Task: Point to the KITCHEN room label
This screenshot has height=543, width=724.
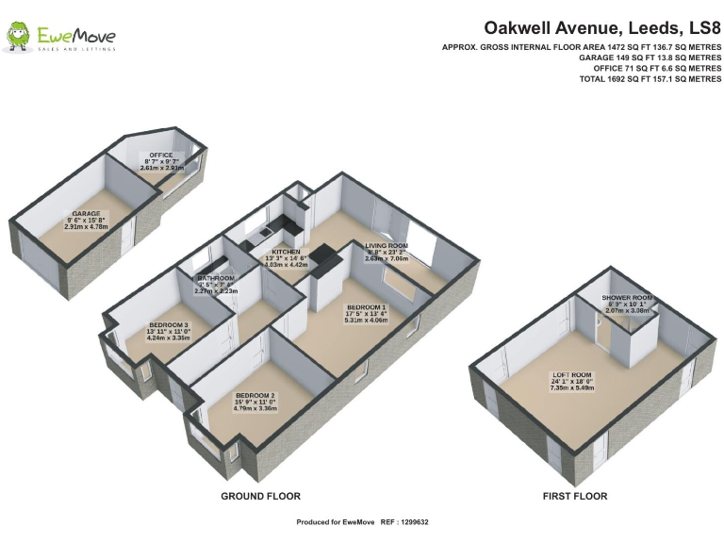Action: click(286, 253)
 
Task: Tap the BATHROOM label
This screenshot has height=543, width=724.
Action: click(215, 278)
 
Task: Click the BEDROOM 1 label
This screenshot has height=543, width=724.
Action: click(366, 308)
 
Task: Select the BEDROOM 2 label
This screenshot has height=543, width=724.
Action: click(255, 394)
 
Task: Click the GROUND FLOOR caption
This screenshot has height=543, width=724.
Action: click(260, 496)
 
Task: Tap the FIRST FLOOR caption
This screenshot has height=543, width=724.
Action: click(575, 496)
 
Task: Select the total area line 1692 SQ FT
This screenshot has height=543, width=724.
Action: click(650, 80)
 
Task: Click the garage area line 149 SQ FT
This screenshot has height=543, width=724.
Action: click(650, 58)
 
